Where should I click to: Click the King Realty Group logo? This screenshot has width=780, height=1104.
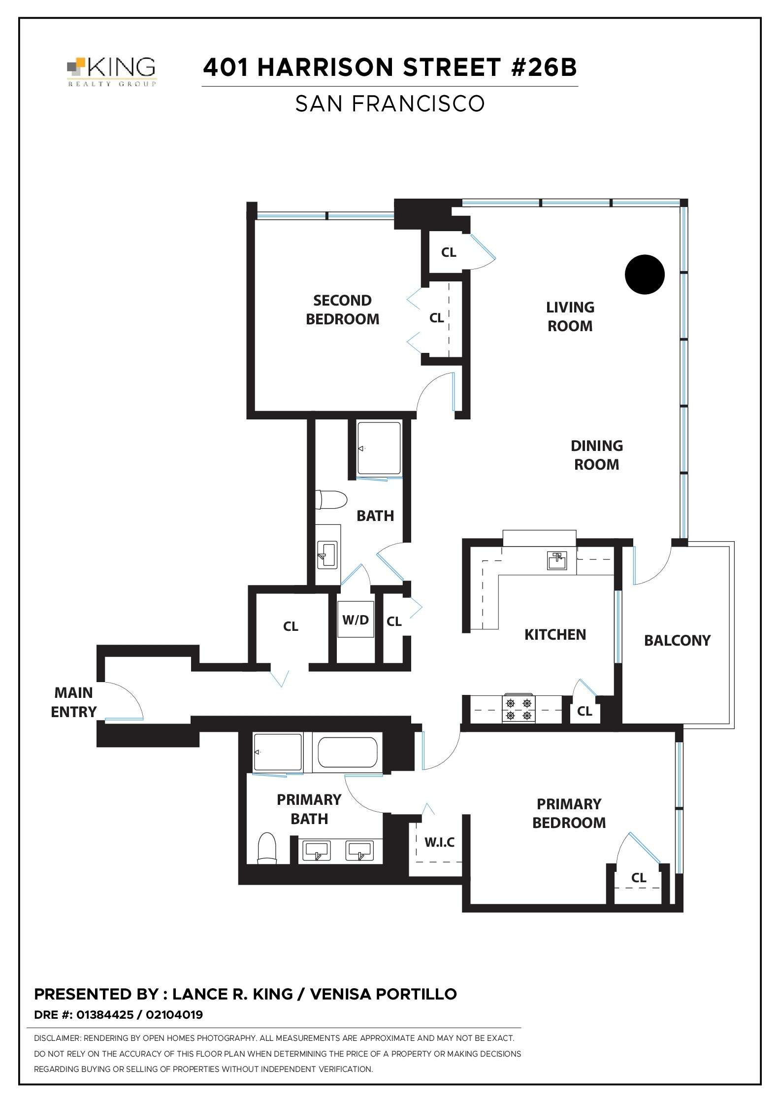pos(112,72)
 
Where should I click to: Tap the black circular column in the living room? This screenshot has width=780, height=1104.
pos(645,275)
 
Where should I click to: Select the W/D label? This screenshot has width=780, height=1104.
pos(356,620)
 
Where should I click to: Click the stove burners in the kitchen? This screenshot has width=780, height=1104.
pos(519,709)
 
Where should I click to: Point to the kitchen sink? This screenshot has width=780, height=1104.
pos(557,561)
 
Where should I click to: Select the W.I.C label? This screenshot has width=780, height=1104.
pos(439,842)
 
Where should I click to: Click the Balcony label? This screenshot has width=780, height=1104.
pos(677,640)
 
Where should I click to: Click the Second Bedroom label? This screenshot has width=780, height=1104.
pos(342,310)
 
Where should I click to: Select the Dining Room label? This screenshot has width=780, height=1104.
pos(596,455)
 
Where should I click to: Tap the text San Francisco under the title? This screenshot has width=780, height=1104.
pos(390,103)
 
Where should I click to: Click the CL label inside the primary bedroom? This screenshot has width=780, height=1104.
pos(638,877)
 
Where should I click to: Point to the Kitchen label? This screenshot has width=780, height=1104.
pos(555,634)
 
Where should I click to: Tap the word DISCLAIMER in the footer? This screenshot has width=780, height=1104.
pos(57,1038)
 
